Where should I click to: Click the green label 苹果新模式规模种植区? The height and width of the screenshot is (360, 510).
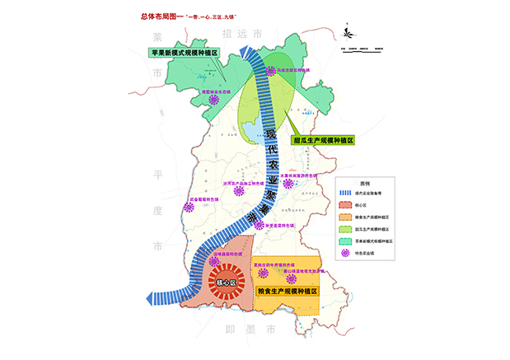click(184, 53)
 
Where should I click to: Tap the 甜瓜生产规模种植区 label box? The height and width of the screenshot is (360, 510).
click(323, 140)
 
